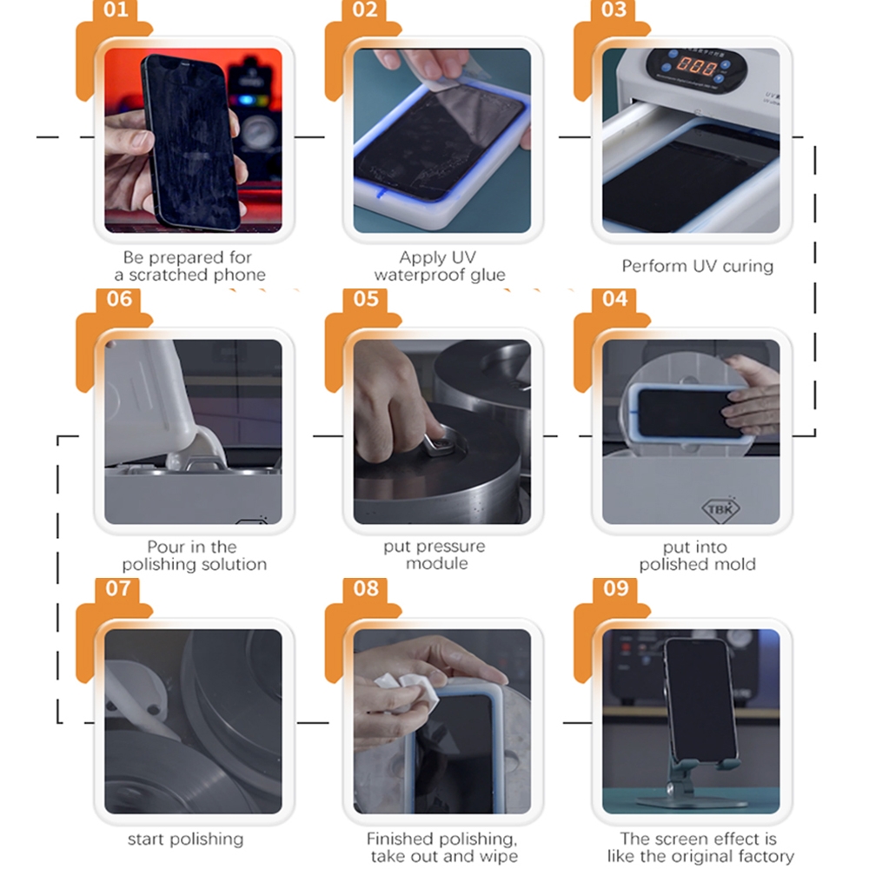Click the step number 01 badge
(116, 10)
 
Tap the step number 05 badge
(366, 299)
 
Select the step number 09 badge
(615, 588)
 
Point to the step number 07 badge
(117, 588)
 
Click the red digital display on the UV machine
(696, 67)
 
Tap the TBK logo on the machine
(720, 508)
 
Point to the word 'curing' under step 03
(747, 266)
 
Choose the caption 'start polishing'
(186, 839)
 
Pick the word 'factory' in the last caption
(765, 856)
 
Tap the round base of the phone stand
(691, 802)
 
